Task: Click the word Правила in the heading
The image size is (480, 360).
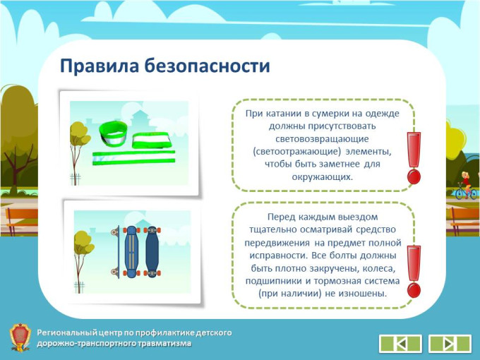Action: coord(100,66)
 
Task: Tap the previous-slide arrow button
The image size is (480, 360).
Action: coord(400,344)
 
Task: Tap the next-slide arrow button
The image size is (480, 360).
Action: coord(450,344)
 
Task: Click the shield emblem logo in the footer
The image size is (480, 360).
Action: coord(20,337)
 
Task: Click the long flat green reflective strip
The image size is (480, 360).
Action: coord(134,157)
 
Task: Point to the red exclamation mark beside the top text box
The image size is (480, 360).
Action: coord(414,158)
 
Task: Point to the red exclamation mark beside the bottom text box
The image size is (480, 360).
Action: coord(414,272)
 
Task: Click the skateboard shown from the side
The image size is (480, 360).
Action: coord(116,252)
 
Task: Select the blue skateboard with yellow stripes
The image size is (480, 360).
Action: coord(131,252)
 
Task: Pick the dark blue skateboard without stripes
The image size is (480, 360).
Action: coord(152,252)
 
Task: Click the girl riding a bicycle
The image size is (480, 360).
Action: coord(466,186)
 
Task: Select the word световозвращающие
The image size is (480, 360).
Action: coord(322,139)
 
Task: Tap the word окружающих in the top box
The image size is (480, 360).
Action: coord(323,177)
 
